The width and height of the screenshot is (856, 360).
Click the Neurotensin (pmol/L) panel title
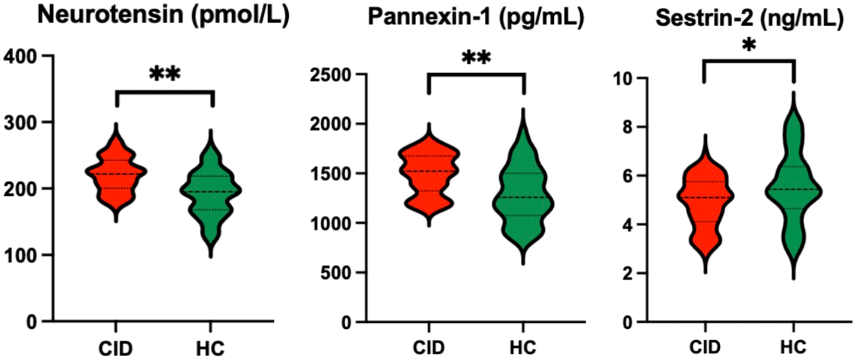163,15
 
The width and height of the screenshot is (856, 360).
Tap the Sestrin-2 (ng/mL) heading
749,19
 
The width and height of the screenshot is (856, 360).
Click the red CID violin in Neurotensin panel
116,173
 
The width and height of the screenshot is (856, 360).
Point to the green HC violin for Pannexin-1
523,196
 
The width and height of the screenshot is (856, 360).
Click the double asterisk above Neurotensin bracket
165,74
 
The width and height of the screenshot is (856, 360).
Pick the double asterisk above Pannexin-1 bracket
476,59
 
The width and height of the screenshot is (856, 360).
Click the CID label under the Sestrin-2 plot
705,347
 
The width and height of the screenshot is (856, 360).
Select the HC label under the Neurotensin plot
210,348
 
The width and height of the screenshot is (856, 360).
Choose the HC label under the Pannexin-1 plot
523,347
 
